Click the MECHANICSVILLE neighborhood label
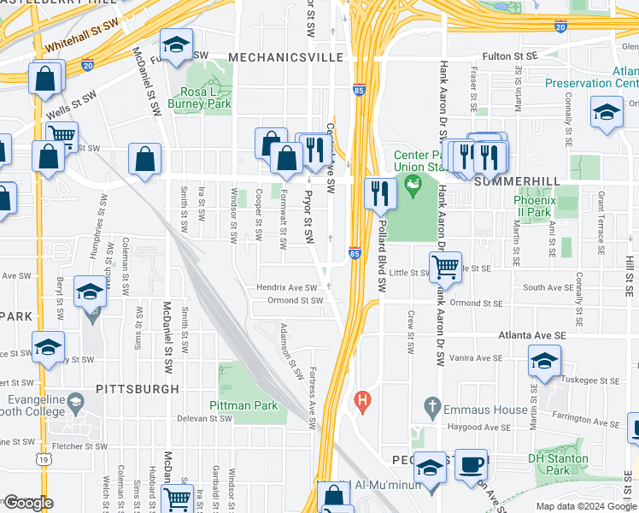[x=285, y=57]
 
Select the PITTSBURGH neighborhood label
[x=138, y=388]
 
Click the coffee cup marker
[x=471, y=464]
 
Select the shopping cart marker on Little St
[x=445, y=267]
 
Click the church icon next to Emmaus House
[x=431, y=404]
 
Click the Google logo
[x=27, y=503]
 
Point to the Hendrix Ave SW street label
[x=286, y=288]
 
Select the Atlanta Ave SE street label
[x=490, y=333]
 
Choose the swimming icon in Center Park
[x=413, y=181]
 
